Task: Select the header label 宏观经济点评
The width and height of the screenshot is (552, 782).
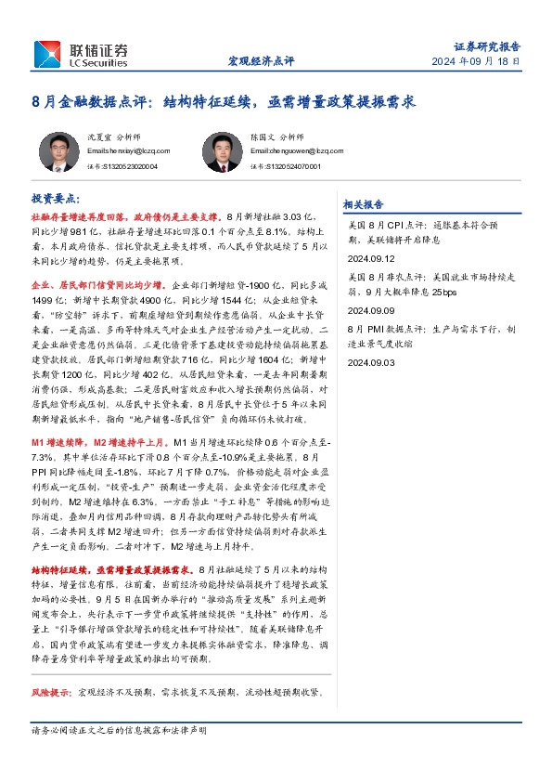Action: tap(261, 61)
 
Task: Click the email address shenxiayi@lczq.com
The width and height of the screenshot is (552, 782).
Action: tap(128, 150)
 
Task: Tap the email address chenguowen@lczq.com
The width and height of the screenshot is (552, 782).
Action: tap(288, 150)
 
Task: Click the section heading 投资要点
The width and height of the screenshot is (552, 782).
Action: tap(56, 199)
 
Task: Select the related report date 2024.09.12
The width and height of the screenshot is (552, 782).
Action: tap(370, 260)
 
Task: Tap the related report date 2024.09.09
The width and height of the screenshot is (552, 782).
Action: tap(370, 311)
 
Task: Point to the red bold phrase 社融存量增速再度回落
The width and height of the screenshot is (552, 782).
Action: tap(77, 215)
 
